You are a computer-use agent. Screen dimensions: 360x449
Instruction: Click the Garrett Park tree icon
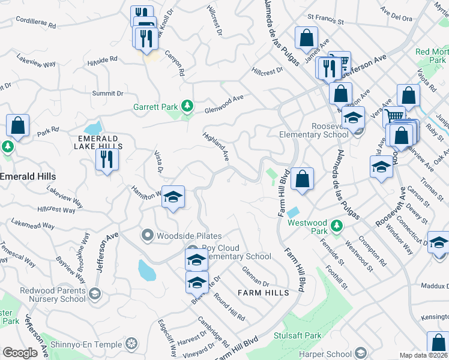click(x=187, y=107)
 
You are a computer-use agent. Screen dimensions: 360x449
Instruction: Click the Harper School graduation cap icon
click(x=360, y=353)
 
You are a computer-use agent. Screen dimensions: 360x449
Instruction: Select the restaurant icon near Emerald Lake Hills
click(x=107, y=160)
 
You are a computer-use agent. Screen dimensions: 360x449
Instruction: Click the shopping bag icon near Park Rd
click(x=18, y=127)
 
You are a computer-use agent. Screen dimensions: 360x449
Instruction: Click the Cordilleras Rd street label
click(x=35, y=26)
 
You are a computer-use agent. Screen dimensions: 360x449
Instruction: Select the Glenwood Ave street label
click(x=224, y=104)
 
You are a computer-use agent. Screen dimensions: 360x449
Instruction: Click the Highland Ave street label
click(x=216, y=146)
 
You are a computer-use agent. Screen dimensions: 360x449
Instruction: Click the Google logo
click(x=20, y=353)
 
